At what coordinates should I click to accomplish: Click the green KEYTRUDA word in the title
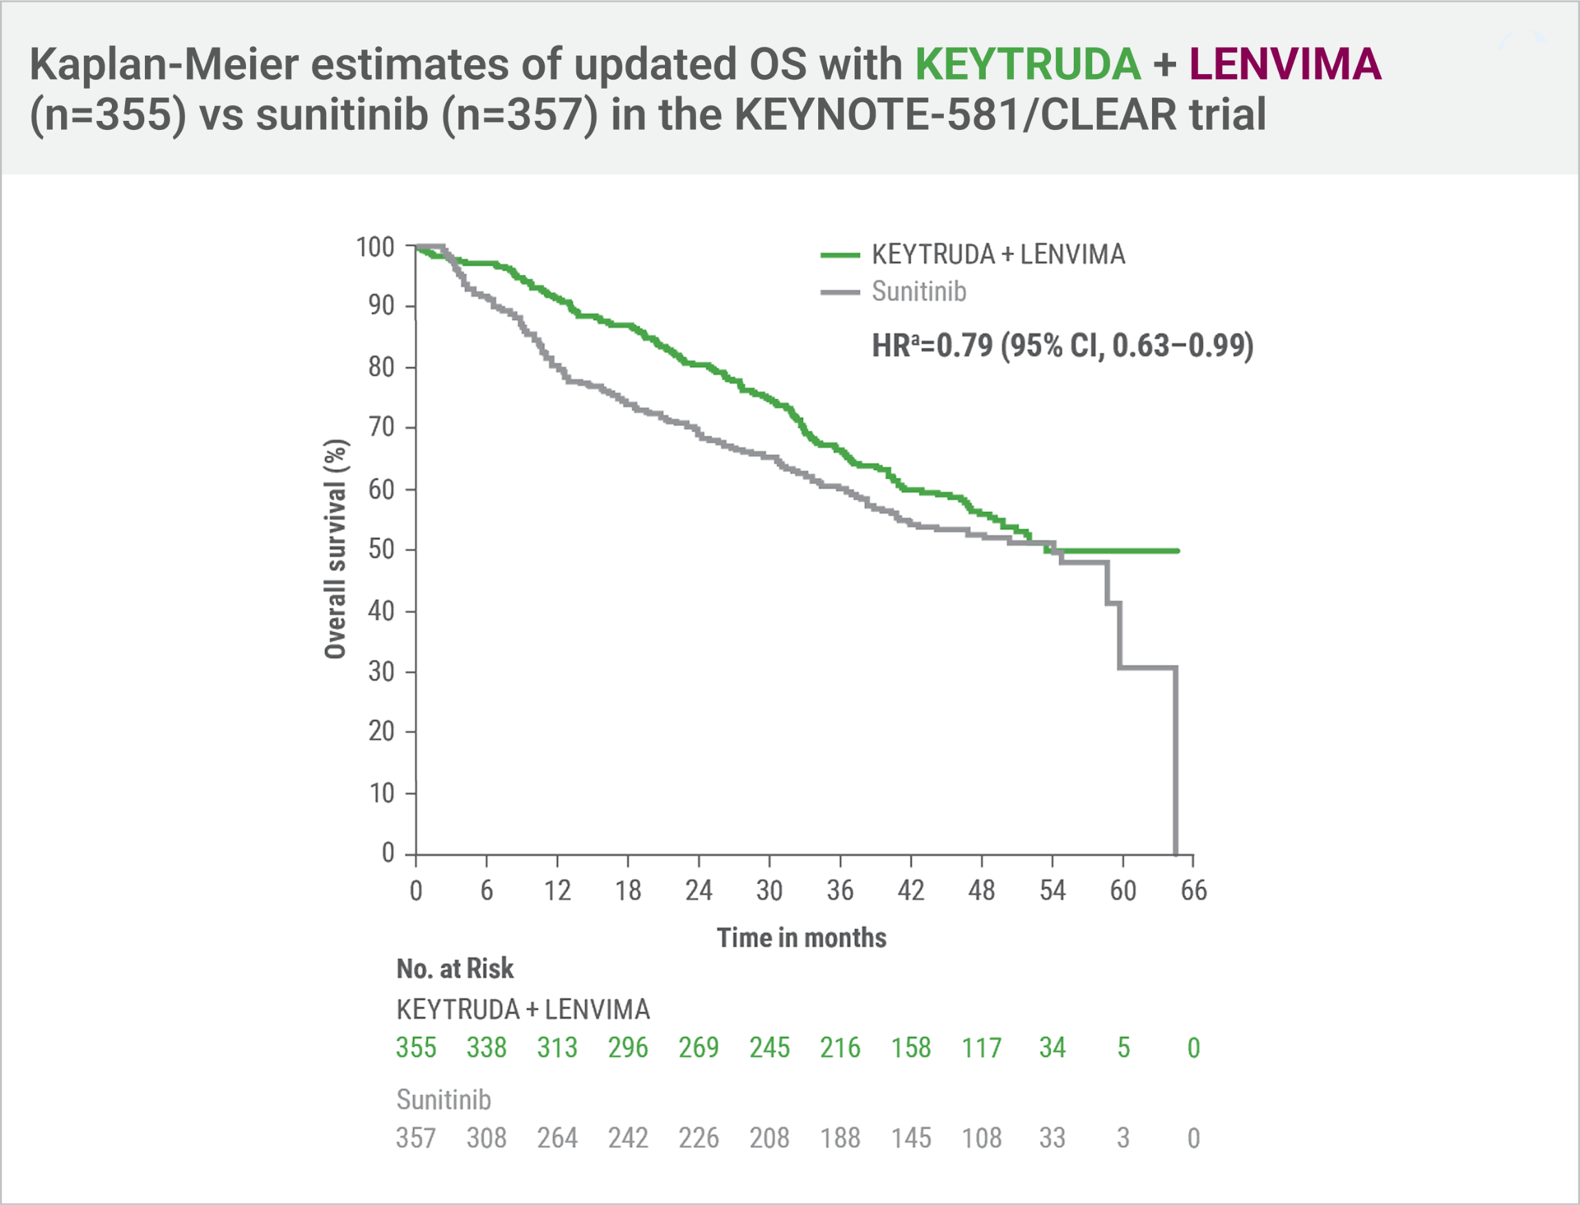pyautogui.click(x=1027, y=65)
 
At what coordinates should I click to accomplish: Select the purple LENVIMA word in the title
pyautogui.click(x=1285, y=65)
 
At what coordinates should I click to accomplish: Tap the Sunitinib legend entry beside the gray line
pyautogui.click(x=918, y=292)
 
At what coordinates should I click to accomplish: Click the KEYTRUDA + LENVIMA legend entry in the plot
pyautogui.click(x=997, y=255)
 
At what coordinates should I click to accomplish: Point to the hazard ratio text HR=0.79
pyautogui.click(x=1061, y=346)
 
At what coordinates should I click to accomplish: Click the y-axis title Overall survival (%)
pyautogui.click(x=335, y=549)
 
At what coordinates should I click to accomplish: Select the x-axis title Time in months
pyautogui.click(x=801, y=938)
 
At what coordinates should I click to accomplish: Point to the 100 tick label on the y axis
pyautogui.click(x=375, y=247)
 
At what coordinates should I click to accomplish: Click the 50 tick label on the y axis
pyautogui.click(x=381, y=550)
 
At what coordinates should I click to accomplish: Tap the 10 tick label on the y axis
pyautogui.click(x=381, y=793)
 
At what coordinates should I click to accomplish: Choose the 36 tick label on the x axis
pyautogui.click(x=840, y=891)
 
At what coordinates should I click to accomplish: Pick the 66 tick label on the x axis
pyautogui.click(x=1193, y=891)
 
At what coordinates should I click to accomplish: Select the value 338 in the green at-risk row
pyautogui.click(x=486, y=1048)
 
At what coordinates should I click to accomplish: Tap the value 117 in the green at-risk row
pyautogui.click(x=981, y=1048)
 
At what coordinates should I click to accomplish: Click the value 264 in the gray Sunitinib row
pyautogui.click(x=557, y=1138)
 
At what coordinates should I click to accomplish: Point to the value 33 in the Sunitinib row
pyautogui.click(x=1052, y=1138)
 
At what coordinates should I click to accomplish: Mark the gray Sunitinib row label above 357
pyautogui.click(x=443, y=1100)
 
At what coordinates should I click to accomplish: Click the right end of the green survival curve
pyautogui.click(x=1177, y=551)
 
